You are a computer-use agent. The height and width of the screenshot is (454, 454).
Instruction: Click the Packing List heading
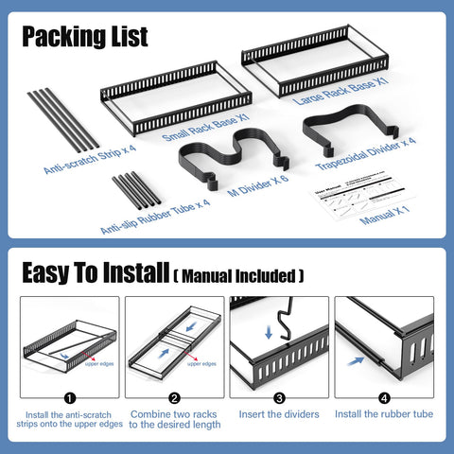tap(85, 37)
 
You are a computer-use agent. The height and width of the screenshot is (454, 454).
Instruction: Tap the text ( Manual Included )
tap(239, 276)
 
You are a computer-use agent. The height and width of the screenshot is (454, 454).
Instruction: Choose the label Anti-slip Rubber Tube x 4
tap(155, 215)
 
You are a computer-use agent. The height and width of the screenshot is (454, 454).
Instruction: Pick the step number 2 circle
tap(174, 398)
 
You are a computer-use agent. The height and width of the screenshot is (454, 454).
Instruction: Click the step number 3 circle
tap(279, 398)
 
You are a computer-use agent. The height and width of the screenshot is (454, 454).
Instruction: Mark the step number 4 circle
tap(383, 398)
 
